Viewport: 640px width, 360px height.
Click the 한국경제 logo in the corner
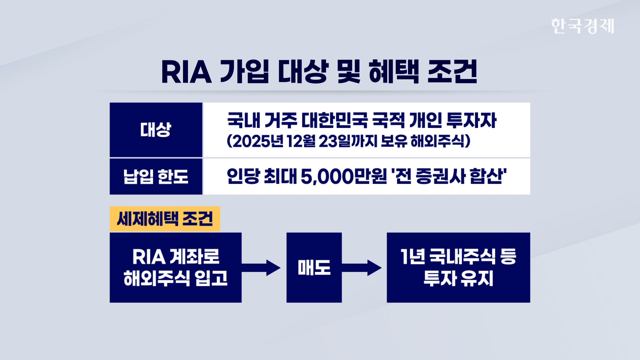pyautogui.click(x=582, y=26)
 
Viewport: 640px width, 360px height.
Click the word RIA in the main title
pyautogui.click(x=186, y=72)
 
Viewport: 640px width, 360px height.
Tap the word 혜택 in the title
pyautogui.click(x=394, y=72)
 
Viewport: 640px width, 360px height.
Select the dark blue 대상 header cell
pyautogui.click(x=156, y=130)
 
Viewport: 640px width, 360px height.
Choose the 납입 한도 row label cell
pyautogui.click(x=156, y=176)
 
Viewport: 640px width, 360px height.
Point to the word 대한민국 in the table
pyautogui.click(x=334, y=120)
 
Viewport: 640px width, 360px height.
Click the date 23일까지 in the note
pyautogui.click(x=348, y=141)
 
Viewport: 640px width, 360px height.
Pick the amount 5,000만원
pyautogui.click(x=343, y=176)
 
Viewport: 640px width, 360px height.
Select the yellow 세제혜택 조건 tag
pyautogui.click(x=165, y=219)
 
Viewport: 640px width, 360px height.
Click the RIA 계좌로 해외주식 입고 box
pyautogui.click(x=175, y=268)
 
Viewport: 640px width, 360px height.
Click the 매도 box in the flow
pyautogui.click(x=314, y=268)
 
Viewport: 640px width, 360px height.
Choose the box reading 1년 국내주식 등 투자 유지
pyautogui.click(x=458, y=268)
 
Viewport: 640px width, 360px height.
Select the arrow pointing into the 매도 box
pyautogui.click(x=262, y=268)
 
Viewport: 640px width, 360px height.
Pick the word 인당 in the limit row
pyautogui.click(x=243, y=176)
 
